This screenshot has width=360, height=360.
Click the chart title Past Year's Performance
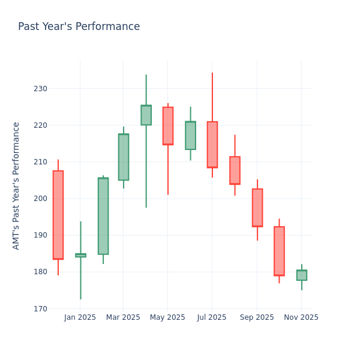[79, 27]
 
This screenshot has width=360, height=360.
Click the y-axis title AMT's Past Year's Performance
[16, 185]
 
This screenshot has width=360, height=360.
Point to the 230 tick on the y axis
[40, 89]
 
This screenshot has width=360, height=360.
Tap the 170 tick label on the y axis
[40, 308]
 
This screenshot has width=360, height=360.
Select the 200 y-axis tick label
[40, 199]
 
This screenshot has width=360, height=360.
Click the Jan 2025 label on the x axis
[80, 317]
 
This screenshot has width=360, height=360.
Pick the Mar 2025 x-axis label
[123, 317]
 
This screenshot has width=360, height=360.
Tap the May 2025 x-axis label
[167, 317]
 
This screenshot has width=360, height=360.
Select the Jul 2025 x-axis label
[211, 317]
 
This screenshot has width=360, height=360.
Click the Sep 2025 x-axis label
[257, 317]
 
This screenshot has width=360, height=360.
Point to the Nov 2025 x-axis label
[301, 317]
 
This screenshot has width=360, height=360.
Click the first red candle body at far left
[58, 215]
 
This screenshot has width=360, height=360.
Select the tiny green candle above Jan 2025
[80, 255]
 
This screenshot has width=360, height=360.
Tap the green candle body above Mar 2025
[124, 157]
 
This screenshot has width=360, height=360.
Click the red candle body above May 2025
[168, 126]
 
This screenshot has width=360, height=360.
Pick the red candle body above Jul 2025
[212, 145]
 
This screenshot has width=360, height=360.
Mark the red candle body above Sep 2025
[257, 208]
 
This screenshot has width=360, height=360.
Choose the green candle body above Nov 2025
[302, 275]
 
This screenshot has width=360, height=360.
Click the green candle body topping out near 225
[146, 115]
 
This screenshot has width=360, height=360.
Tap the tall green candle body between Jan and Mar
[103, 216]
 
